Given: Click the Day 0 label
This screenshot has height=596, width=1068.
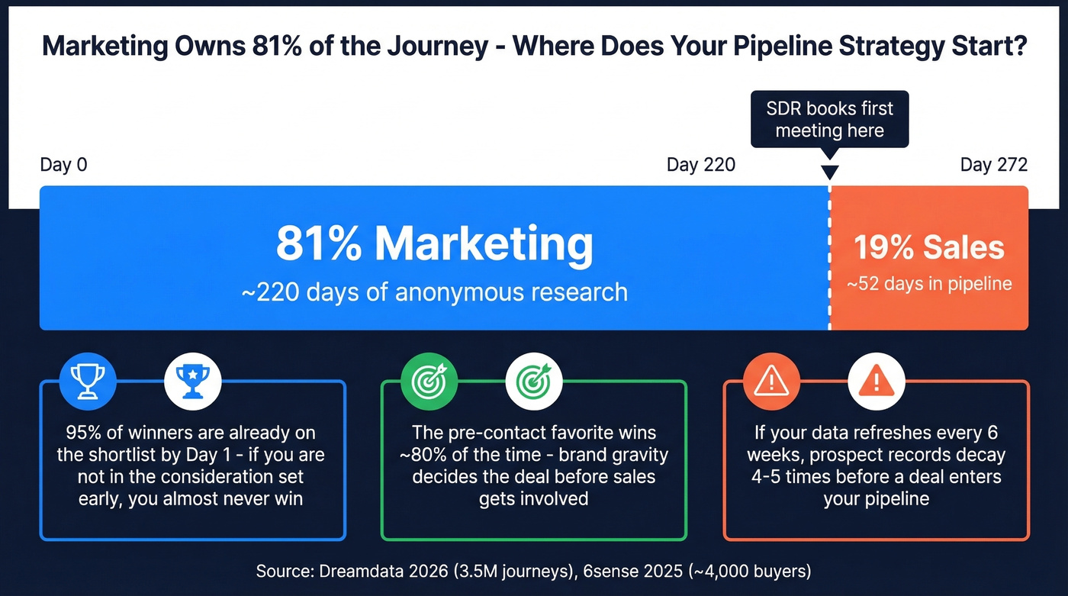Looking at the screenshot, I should click(x=63, y=165).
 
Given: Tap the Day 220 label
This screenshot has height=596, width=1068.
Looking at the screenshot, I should click(x=700, y=165).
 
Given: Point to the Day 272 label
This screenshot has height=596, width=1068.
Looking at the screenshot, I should click(x=993, y=165).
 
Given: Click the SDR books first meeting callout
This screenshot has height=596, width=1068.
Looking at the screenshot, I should click(x=829, y=119).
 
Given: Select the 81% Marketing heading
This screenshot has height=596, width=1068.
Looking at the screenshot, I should click(x=434, y=244).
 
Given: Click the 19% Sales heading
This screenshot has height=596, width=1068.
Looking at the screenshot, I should click(x=928, y=248).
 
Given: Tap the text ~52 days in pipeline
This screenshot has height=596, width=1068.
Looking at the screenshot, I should click(x=928, y=284).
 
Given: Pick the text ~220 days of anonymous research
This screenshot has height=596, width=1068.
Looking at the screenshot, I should click(x=434, y=292).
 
